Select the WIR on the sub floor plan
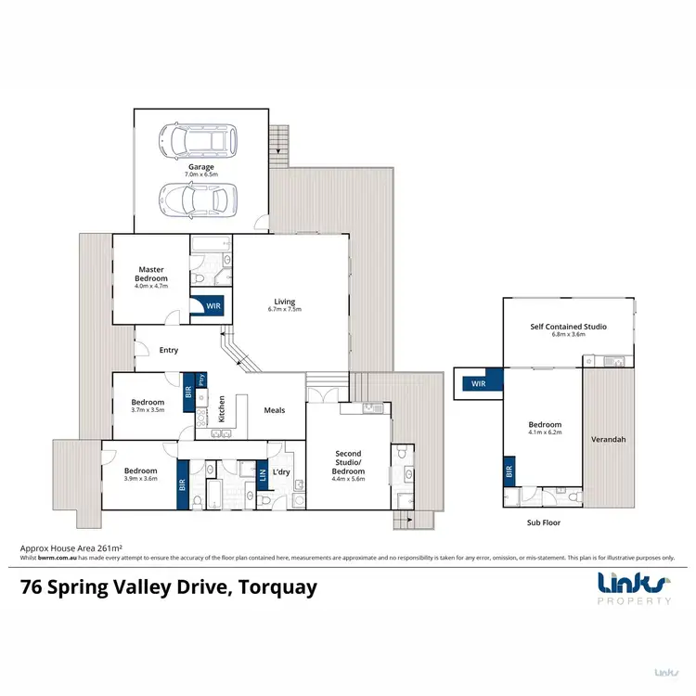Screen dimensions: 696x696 479,381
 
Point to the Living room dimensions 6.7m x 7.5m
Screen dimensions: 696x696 284,309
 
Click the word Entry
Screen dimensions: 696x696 168,350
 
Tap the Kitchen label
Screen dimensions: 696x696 221,408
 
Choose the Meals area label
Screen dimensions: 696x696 274,409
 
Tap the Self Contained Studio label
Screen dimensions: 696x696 568,327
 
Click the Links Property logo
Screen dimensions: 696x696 633,588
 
